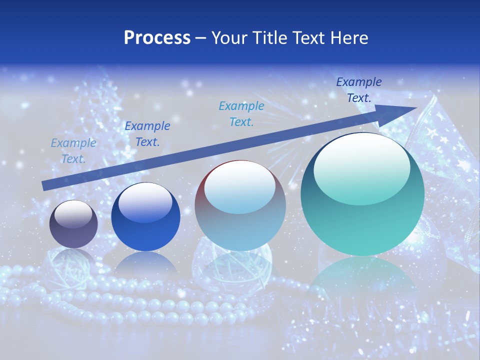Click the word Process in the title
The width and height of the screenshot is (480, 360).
(157, 38)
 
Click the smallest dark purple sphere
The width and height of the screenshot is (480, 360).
(73, 224)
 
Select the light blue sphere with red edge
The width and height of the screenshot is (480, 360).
(240, 205)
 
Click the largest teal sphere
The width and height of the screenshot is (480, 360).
(362, 194)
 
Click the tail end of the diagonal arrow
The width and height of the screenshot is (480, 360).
(45, 185)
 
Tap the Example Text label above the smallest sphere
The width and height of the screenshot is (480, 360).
(73, 150)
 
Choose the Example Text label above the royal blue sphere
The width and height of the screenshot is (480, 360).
(147, 133)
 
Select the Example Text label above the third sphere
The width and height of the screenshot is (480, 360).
(241, 113)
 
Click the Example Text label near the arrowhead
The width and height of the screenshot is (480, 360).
(359, 90)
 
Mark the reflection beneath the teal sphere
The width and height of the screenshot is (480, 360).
(362, 280)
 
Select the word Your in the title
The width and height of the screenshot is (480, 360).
(229, 38)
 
